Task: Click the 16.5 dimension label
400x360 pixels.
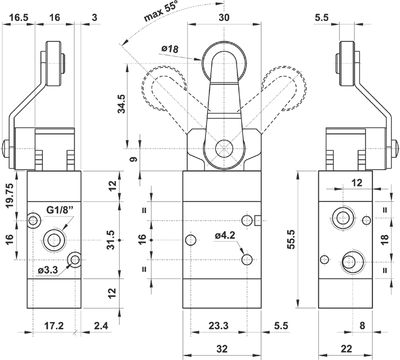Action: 18,17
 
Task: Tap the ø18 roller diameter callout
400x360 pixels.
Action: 170,49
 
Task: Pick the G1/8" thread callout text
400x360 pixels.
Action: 60,210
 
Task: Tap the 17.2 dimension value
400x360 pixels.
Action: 54,326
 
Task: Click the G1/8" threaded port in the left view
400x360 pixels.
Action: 55,240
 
